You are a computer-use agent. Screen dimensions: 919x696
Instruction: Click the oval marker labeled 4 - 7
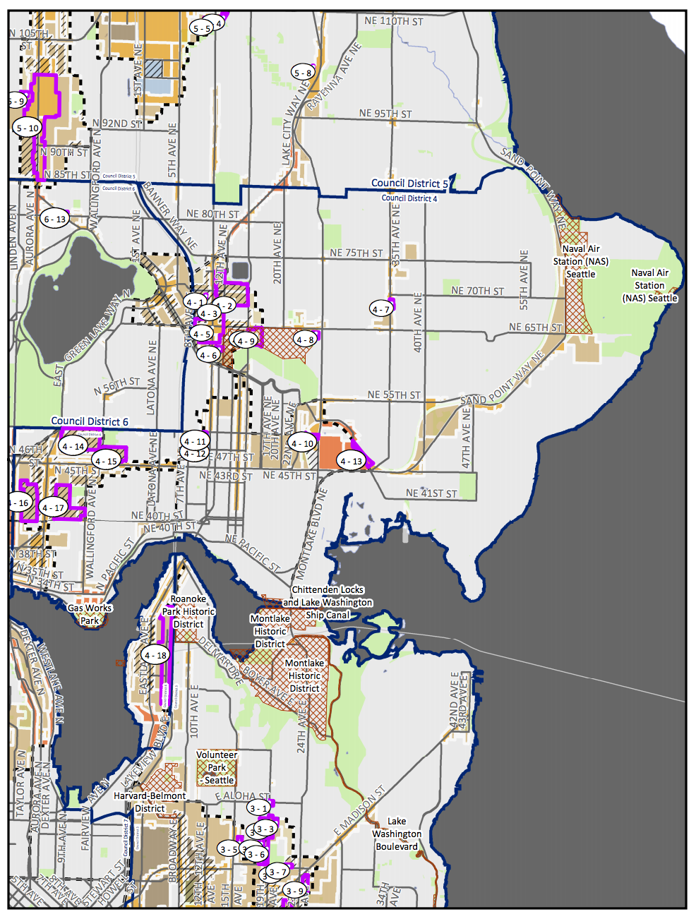(x=380, y=309)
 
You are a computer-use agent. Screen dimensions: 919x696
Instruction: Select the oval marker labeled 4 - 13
(x=351, y=462)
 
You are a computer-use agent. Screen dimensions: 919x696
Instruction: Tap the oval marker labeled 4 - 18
(x=155, y=655)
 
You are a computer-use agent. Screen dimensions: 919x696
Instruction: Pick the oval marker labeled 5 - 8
(x=302, y=73)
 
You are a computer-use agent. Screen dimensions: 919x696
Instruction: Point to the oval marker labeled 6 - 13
(x=54, y=219)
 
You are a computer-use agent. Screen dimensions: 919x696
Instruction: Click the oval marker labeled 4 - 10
(x=303, y=443)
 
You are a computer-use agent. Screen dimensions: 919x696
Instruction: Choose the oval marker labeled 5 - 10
(x=28, y=128)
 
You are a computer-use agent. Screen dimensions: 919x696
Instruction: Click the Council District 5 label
(x=409, y=184)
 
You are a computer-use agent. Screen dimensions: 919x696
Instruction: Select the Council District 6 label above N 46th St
(x=90, y=421)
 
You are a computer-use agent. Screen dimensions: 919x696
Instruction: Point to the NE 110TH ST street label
(x=393, y=21)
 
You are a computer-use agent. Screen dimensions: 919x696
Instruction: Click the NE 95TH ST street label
(x=385, y=113)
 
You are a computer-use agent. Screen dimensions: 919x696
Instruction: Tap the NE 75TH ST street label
(x=356, y=253)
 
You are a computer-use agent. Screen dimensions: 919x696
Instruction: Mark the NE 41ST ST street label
(x=431, y=493)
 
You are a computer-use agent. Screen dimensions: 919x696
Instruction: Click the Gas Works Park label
(x=90, y=614)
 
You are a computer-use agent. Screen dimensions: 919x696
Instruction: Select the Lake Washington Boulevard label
(x=397, y=834)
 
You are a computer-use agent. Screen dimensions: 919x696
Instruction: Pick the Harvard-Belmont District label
(x=150, y=802)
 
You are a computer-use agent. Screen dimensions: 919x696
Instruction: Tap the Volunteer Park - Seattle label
(x=217, y=767)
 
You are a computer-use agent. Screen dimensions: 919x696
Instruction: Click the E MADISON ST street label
(x=360, y=810)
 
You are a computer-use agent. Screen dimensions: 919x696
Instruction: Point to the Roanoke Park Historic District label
(x=188, y=611)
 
